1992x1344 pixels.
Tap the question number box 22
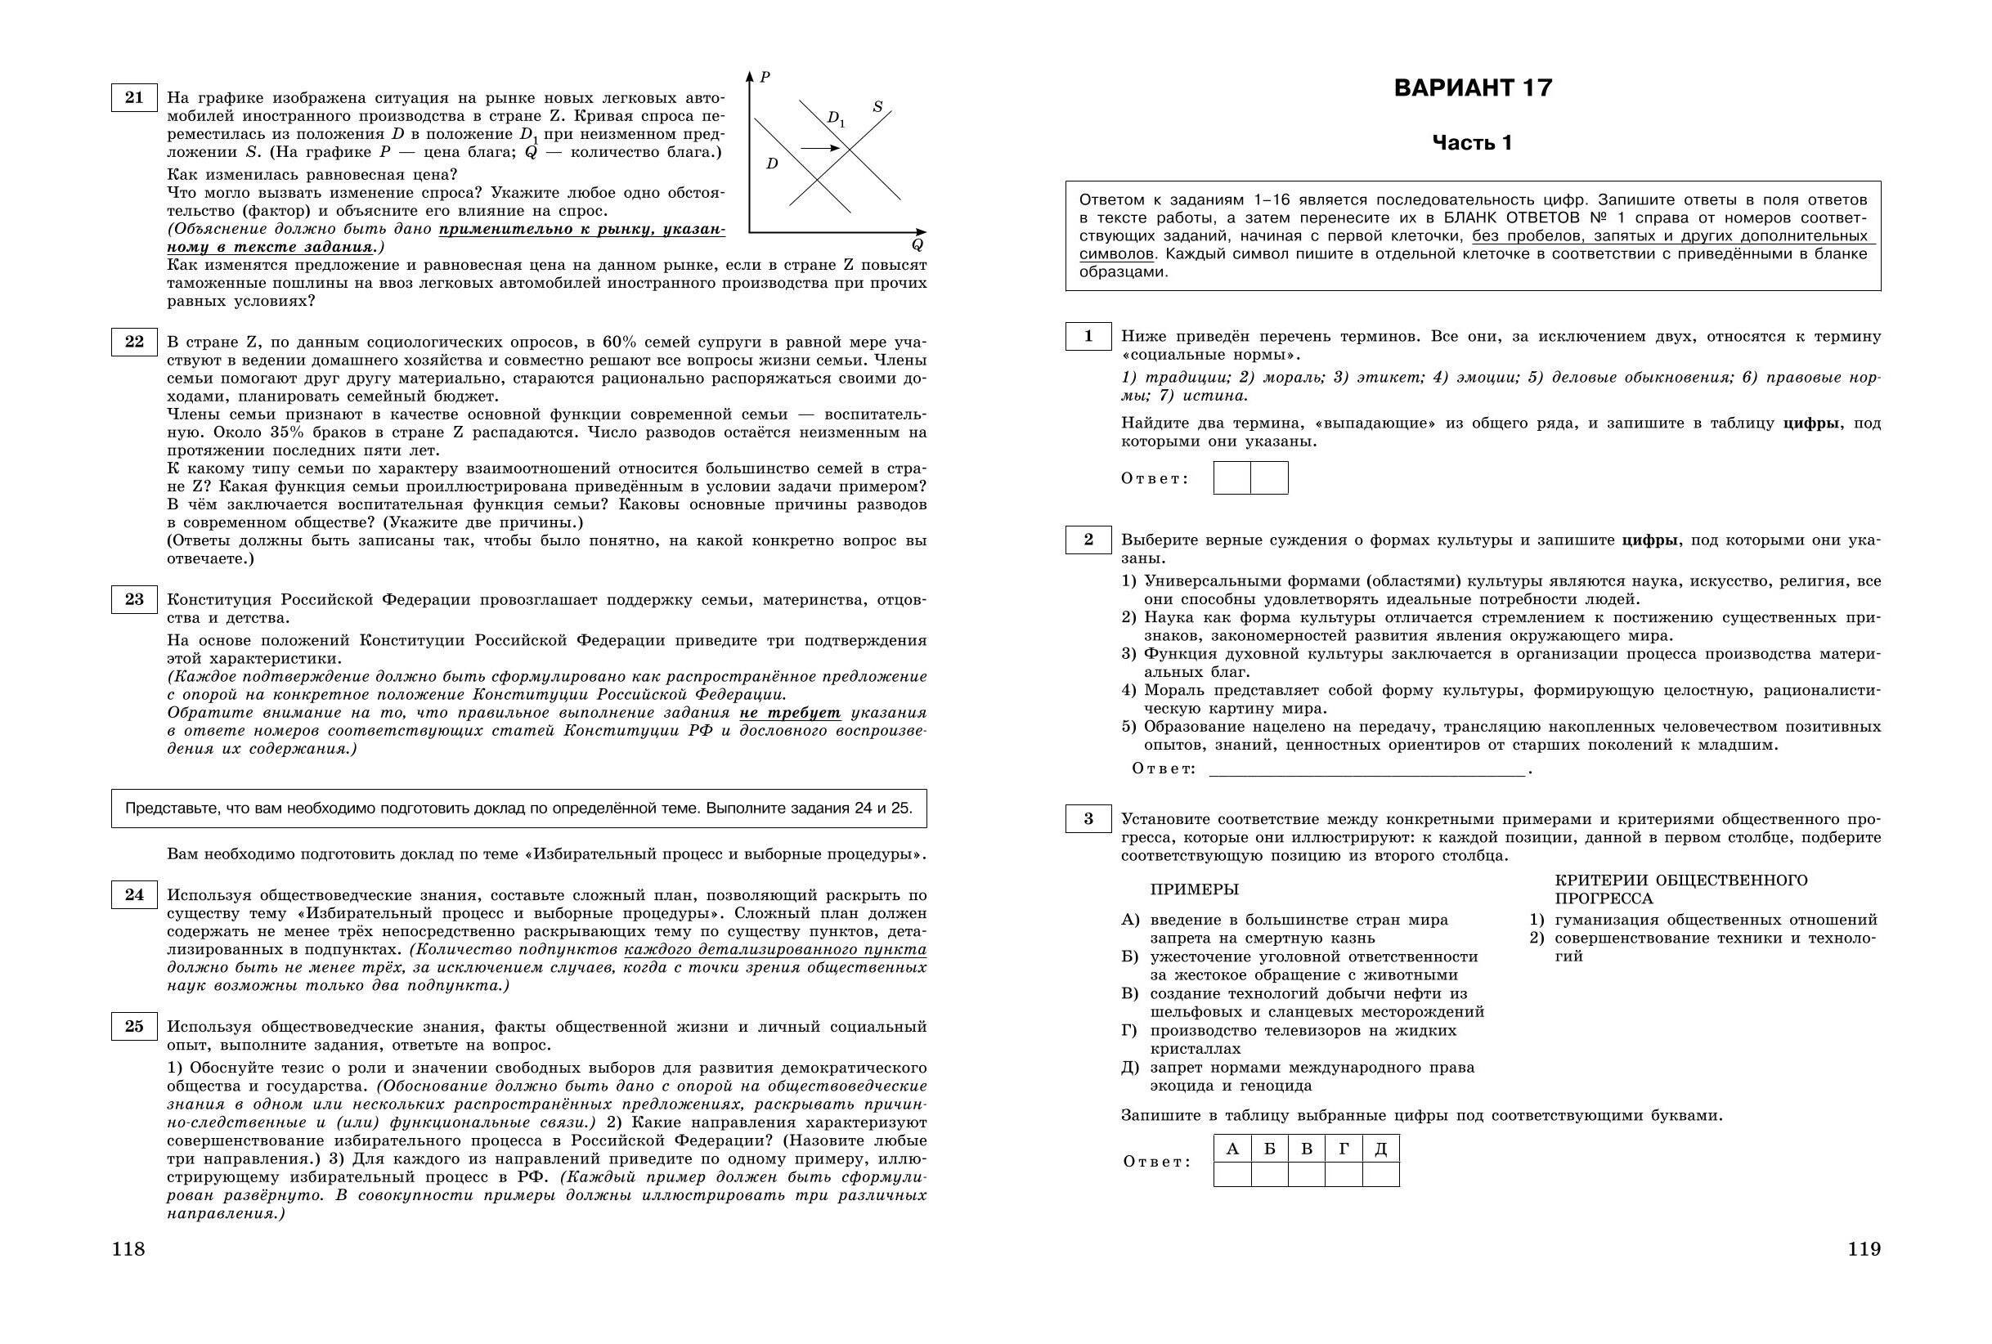click(x=134, y=342)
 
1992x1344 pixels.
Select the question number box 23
click(x=134, y=599)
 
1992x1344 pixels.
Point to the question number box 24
click(x=134, y=895)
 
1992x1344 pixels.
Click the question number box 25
click(x=134, y=1026)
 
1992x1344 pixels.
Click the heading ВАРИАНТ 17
click(x=1473, y=88)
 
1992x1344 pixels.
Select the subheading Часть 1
click(x=1473, y=143)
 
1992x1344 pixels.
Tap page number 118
click(x=128, y=1249)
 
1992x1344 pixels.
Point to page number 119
click(x=1864, y=1249)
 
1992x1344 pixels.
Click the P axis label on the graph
click(x=765, y=77)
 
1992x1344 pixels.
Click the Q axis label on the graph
click(x=917, y=245)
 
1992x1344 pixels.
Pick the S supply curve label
click(x=877, y=107)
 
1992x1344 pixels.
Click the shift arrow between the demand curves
click(x=820, y=148)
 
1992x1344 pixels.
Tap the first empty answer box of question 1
click(x=1232, y=477)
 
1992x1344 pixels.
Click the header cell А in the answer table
click(x=1232, y=1149)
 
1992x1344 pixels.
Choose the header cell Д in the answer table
click(x=1381, y=1149)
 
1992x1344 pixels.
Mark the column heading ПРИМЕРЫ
click(x=1194, y=889)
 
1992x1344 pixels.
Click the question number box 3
click(x=1088, y=818)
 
